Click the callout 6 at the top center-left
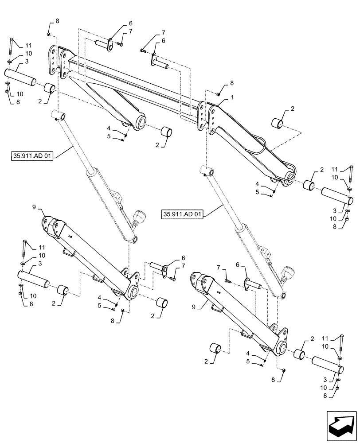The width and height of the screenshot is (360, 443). click(119, 23)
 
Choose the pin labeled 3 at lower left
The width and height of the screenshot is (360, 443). click(34, 279)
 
